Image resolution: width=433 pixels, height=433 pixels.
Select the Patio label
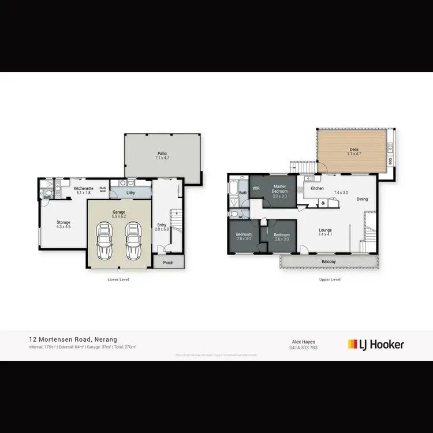coord(162,154)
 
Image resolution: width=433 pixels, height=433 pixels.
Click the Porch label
coord(168,263)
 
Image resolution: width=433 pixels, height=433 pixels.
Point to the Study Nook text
coord(103,189)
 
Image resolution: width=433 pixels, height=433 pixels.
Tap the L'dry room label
coord(130,192)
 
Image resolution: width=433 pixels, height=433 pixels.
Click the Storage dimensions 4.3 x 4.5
coord(63,227)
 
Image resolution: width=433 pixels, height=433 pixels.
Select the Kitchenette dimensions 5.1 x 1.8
coord(83,193)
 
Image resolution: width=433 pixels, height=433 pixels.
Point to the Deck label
coord(353,150)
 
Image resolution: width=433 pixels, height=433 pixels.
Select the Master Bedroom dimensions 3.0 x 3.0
coord(279,196)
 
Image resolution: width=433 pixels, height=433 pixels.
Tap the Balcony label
coord(329,262)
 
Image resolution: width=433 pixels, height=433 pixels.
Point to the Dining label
coord(361,200)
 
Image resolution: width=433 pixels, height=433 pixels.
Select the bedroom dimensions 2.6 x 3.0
coord(281,238)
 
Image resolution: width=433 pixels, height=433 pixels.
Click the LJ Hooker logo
coord(376,345)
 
